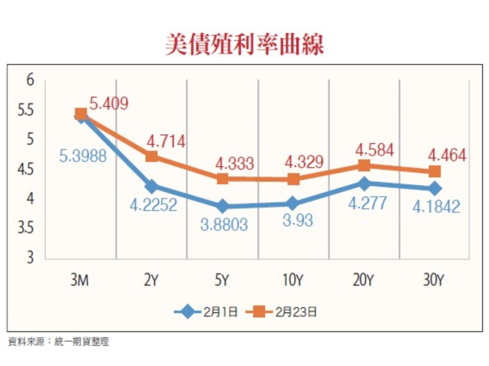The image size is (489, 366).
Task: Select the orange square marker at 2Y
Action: tap(152, 156)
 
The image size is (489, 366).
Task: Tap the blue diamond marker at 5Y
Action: tap(222, 206)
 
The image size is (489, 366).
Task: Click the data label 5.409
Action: tap(109, 104)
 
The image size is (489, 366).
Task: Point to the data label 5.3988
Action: tap(83, 156)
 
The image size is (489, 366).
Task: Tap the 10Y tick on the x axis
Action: tap(293, 280)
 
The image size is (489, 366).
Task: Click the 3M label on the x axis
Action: tap(81, 280)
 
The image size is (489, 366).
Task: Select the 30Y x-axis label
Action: tap(435, 280)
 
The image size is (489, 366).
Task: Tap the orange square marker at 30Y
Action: tap(435, 171)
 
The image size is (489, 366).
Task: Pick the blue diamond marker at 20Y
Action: tap(364, 183)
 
